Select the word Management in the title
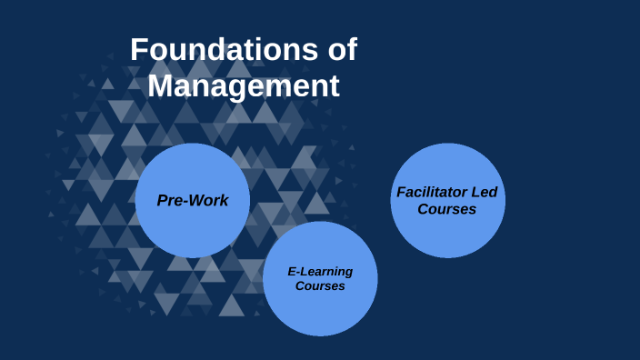tap(244, 86)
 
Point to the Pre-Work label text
tap(193, 200)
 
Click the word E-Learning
tap(320, 272)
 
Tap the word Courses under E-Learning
tap(320, 286)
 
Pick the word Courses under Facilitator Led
tap(447, 209)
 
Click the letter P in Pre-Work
tap(162, 200)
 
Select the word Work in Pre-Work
tap(210, 200)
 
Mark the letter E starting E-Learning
tap(291, 272)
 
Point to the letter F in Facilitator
tap(400, 193)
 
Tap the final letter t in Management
tap(335, 86)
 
